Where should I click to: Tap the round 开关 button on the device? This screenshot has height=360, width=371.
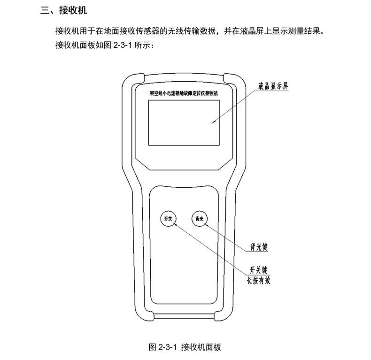pos(167,218)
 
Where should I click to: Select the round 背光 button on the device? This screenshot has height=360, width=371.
pos(200,218)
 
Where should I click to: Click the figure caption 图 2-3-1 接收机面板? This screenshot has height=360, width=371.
pos(185,347)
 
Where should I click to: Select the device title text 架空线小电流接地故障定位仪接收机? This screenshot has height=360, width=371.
pos(184,93)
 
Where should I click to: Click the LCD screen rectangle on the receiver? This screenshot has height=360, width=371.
pos(184,123)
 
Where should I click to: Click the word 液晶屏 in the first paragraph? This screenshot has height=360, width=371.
pos(249,31)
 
